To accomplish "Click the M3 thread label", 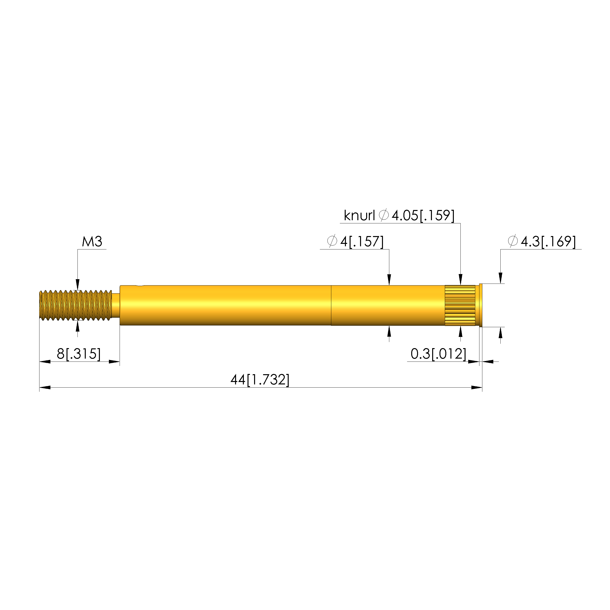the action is [x=92, y=242].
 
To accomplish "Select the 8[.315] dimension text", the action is [x=79, y=354].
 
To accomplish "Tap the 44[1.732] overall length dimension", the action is [x=260, y=380].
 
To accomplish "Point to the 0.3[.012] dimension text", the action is [x=438, y=354].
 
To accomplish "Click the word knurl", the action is [x=359, y=216].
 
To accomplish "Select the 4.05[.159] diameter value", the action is [x=423, y=216].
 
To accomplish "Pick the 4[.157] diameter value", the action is [x=362, y=242].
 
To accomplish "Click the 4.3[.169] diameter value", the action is [x=548, y=242].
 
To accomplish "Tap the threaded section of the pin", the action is [x=76, y=305].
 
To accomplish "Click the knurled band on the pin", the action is [x=460, y=305].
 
